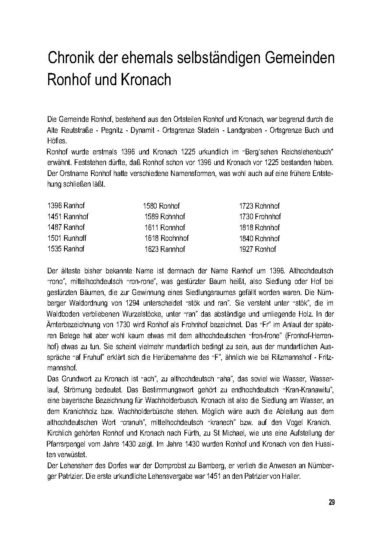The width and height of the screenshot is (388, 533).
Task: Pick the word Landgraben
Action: [246, 130]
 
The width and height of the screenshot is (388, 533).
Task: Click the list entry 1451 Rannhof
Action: [68, 216]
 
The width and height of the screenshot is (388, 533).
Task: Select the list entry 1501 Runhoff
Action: [67, 238]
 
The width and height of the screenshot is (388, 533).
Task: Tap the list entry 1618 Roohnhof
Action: [166, 238]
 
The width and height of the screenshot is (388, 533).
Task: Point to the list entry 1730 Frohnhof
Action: [260, 216]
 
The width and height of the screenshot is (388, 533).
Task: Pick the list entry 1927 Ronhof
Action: [257, 249]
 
